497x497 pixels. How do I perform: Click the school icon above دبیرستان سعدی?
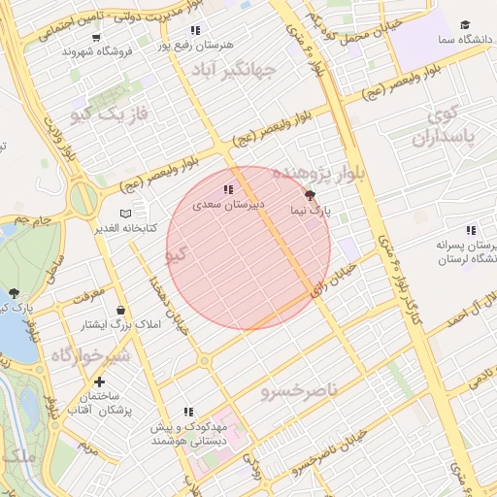click(x=227, y=189)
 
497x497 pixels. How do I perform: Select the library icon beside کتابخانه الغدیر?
click(x=125, y=214)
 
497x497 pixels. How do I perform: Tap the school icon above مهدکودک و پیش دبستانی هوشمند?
click(x=188, y=412)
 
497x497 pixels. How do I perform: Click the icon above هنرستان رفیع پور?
click(x=196, y=31)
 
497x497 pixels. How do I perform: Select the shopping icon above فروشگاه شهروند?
click(x=95, y=37)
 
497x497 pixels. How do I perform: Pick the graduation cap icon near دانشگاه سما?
click(x=465, y=24)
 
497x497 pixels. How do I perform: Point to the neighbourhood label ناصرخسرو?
click(x=299, y=390)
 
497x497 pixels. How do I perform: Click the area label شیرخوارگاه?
click(x=89, y=355)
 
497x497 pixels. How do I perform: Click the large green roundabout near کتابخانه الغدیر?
click(x=84, y=199)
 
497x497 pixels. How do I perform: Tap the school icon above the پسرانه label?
click(x=470, y=230)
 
